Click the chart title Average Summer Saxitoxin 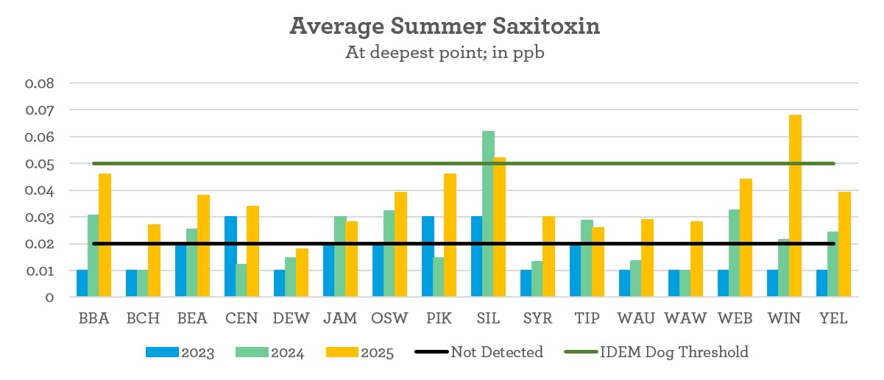click(445, 26)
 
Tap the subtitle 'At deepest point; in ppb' click(445, 54)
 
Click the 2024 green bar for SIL click(488, 214)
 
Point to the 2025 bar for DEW click(302, 273)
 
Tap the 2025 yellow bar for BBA click(105, 235)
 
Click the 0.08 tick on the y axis click(40, 83)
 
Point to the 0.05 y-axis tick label click(40, 164)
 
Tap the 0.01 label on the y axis click(40, 271)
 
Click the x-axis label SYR click(537, 318)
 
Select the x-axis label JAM click(339, 318)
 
